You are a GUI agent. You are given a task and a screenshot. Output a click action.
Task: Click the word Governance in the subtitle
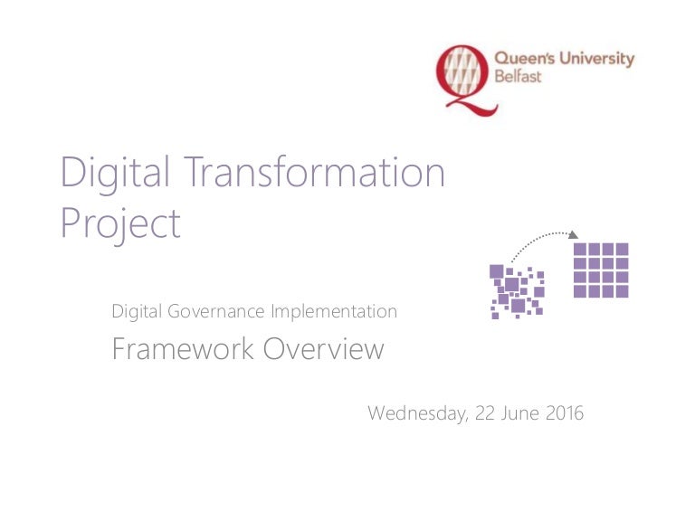216,312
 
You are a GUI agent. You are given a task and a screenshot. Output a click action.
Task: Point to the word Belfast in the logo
517,78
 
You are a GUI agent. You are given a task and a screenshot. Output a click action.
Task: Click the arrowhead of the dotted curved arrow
572,235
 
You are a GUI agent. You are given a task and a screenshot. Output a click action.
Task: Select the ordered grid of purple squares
601,270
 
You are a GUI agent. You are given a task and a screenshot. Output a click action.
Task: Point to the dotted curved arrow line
534,241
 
